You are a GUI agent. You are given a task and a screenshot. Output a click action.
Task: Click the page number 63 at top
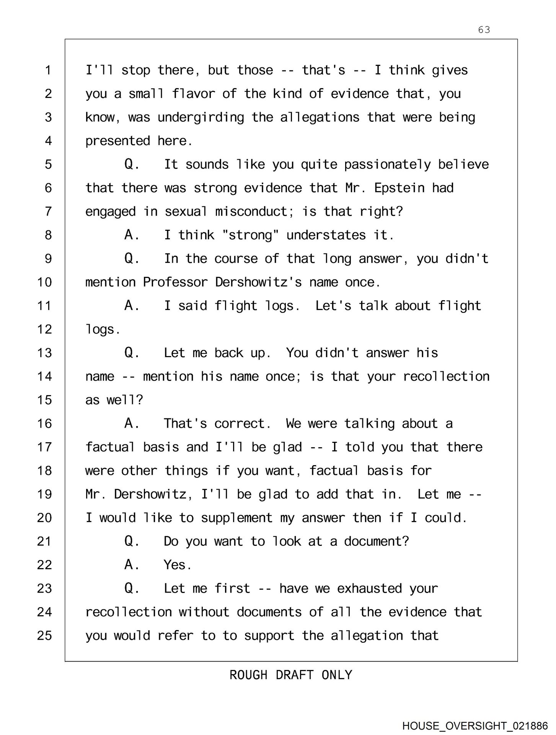[484, 30]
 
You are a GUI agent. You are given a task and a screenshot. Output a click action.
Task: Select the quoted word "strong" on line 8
[251, 235]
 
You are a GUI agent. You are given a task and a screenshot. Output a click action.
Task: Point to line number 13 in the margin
[44, 353]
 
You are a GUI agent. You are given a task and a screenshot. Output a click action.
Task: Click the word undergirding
[201, 117]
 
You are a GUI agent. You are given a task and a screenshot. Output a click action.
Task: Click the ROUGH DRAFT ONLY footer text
[291, 675]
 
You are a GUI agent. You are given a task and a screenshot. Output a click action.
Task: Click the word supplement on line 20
[236, 518]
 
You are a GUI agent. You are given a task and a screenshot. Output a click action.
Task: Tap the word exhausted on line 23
[369, 588]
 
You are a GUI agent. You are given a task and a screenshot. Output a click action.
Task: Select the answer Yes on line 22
[177, 565]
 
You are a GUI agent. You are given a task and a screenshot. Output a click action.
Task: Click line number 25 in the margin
[44, 635]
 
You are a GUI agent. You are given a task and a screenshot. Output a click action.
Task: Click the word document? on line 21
[377, 541]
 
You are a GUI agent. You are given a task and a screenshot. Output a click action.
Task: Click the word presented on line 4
[117, 141]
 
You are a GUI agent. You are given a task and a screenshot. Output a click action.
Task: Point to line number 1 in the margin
[48, 70]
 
